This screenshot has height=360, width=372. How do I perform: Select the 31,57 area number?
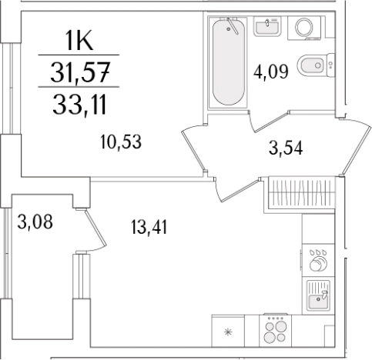point(80,72)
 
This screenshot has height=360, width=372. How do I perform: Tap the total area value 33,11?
point(79,104)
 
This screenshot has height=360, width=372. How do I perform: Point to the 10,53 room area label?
point(121,142)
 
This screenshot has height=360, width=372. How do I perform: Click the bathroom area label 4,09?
point(271,72)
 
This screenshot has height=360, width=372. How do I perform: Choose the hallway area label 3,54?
point(286,148)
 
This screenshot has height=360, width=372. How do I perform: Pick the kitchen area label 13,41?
point(149,227)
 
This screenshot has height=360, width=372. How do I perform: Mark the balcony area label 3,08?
point(35,222)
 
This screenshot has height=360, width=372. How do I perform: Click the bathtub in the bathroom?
point(228,62)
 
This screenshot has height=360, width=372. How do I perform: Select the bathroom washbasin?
point(267,26)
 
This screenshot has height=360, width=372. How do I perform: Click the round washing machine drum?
point(304,27)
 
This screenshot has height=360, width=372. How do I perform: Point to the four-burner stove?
point(276,331)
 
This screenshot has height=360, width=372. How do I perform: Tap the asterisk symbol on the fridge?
point(228,332)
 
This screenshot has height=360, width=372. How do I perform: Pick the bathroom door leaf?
point(271,122)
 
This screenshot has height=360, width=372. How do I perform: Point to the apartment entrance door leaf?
point(356,147)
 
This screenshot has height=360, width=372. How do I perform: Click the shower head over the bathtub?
point(233,25)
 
